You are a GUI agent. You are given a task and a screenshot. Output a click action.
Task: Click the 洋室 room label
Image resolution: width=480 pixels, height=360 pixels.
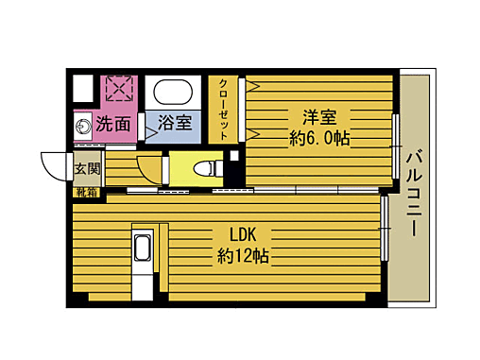tap(319, 117)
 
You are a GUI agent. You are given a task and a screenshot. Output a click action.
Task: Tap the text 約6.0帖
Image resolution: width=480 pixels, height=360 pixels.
tap(319, 139)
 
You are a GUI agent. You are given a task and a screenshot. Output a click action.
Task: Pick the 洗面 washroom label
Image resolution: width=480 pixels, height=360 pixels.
tap(114, 123)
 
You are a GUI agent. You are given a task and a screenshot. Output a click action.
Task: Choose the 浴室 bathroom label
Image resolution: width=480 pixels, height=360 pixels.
tap(174, 123)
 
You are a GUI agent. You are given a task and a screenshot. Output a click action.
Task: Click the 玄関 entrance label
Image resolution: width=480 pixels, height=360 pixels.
tap(86, 167)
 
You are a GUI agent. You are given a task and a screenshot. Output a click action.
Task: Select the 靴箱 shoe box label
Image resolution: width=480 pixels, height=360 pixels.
tap(86, 192)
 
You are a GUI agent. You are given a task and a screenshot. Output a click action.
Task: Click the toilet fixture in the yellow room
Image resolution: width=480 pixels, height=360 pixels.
tap(205, 168)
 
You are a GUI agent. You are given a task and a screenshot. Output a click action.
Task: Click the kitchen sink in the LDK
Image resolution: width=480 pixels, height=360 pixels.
tap(142, 250)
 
